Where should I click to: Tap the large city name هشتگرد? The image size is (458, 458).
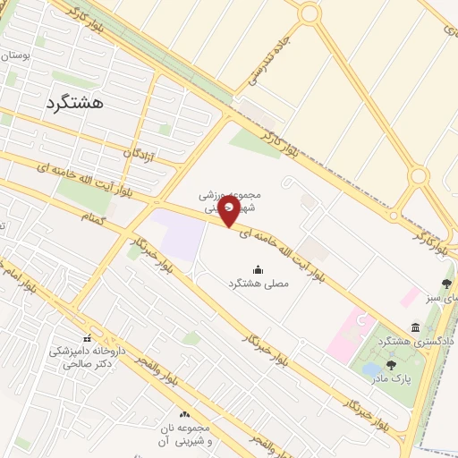pyautogui.click(x=73, y=102)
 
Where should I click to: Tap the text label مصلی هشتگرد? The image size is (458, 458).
pyautogui.click(x=258, y=284)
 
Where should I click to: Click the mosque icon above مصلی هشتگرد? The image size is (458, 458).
pyautogui.click(x=259, y=269)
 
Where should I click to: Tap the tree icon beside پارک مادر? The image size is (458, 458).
pyautogui.click(x=391, y=364)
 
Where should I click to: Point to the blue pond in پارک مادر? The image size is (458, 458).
pyautogui.click(x=369, y=369)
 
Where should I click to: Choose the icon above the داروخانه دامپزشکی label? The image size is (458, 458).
pyautogui.click(x=87, y=339)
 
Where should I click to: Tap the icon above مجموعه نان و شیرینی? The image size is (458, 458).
pyautogui.click(x=185, y=414)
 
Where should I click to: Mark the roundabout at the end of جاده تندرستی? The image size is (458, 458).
pyautogui.click(x=310, y=13)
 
